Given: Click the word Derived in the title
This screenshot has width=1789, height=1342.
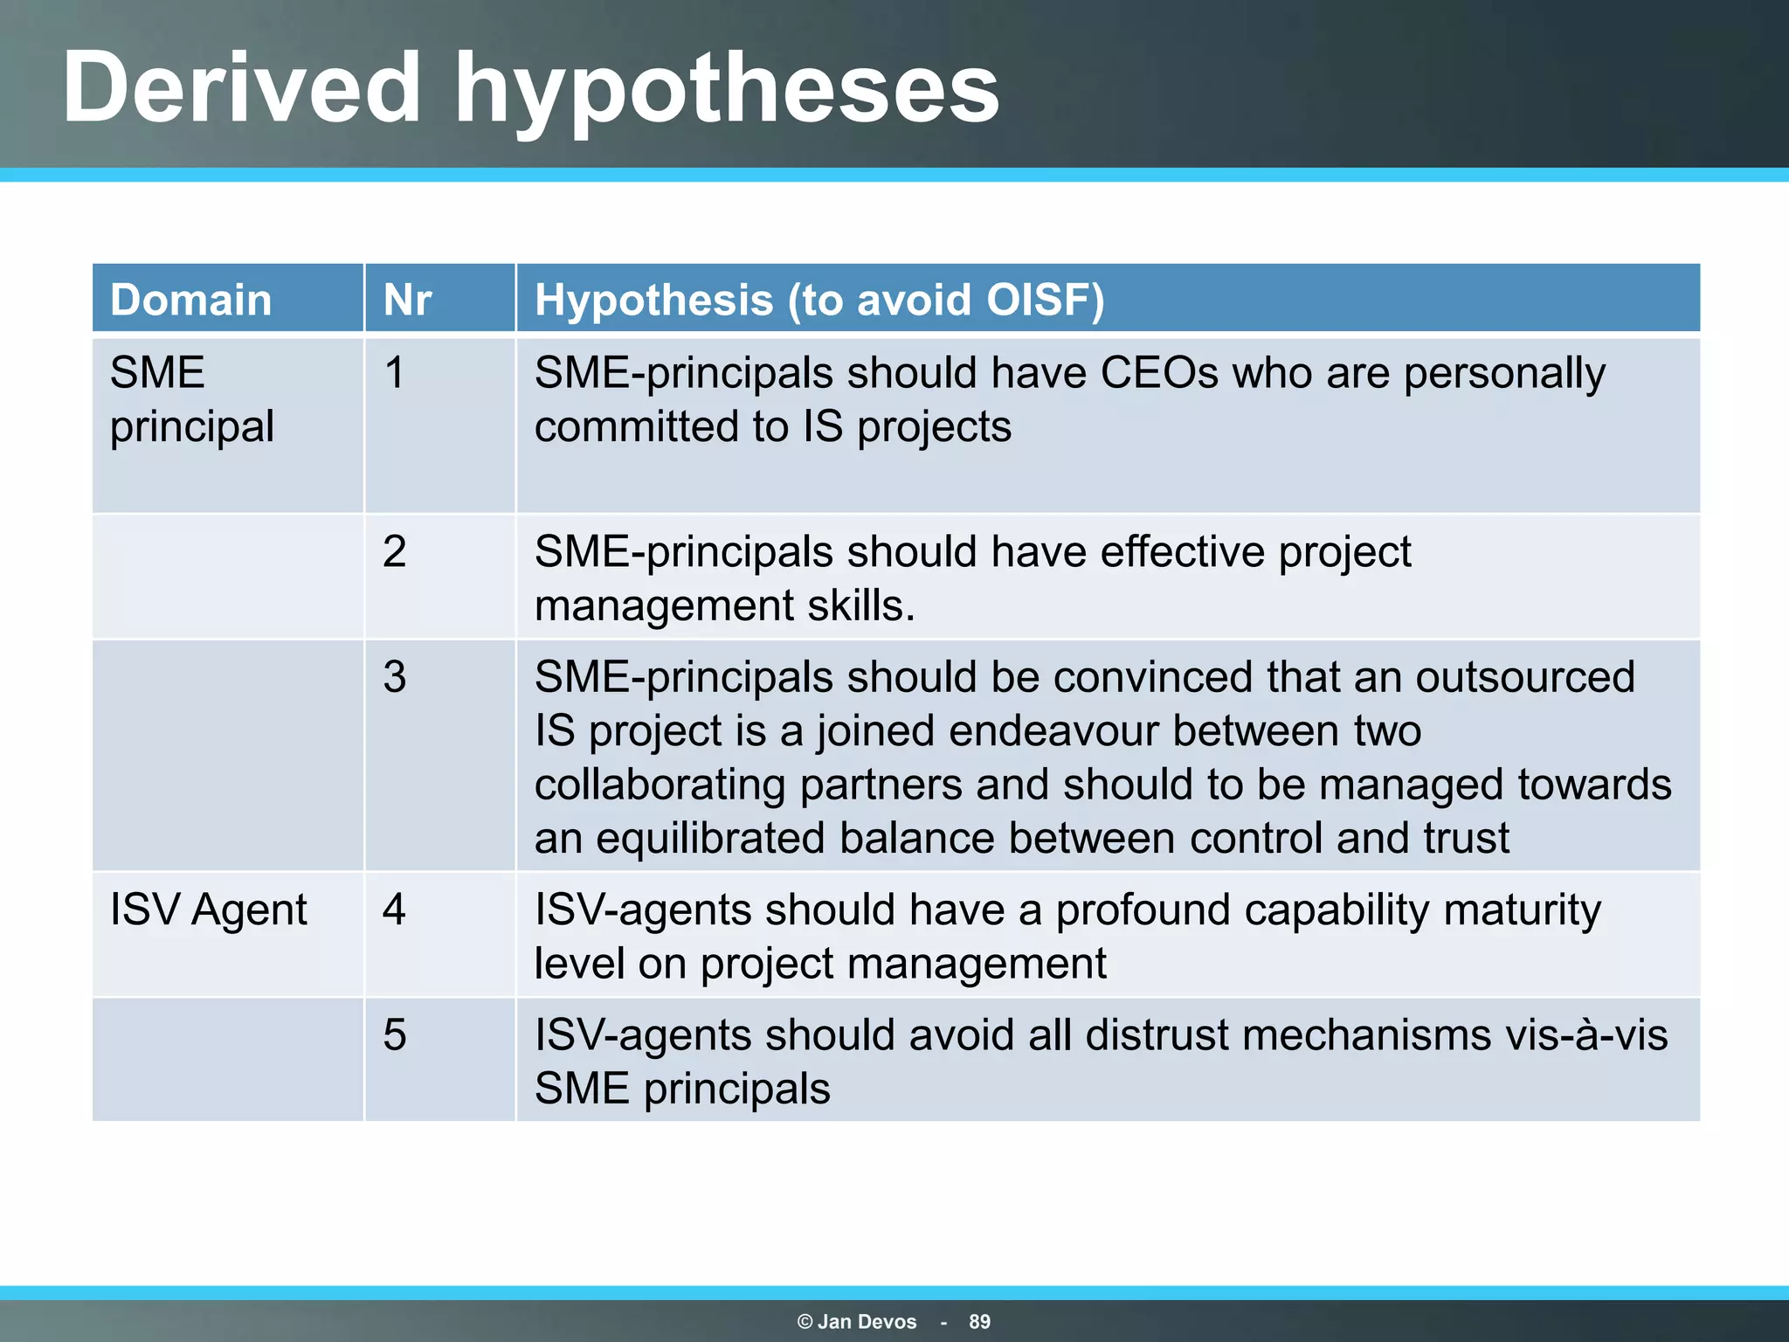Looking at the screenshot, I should tap(242, 87).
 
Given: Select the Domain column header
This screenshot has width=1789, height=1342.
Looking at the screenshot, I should tap(190, 300).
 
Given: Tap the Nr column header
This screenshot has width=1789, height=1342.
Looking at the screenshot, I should tap(407, 300).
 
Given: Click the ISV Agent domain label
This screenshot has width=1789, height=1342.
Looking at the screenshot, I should tap(208, 910).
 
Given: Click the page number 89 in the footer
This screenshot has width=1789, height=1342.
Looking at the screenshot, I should tap(979, 1322).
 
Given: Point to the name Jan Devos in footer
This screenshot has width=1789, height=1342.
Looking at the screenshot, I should tap(867, 1322).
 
